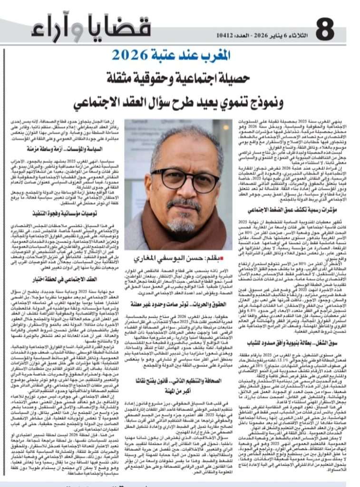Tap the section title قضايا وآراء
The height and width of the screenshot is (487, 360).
click(x=91, y=29)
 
